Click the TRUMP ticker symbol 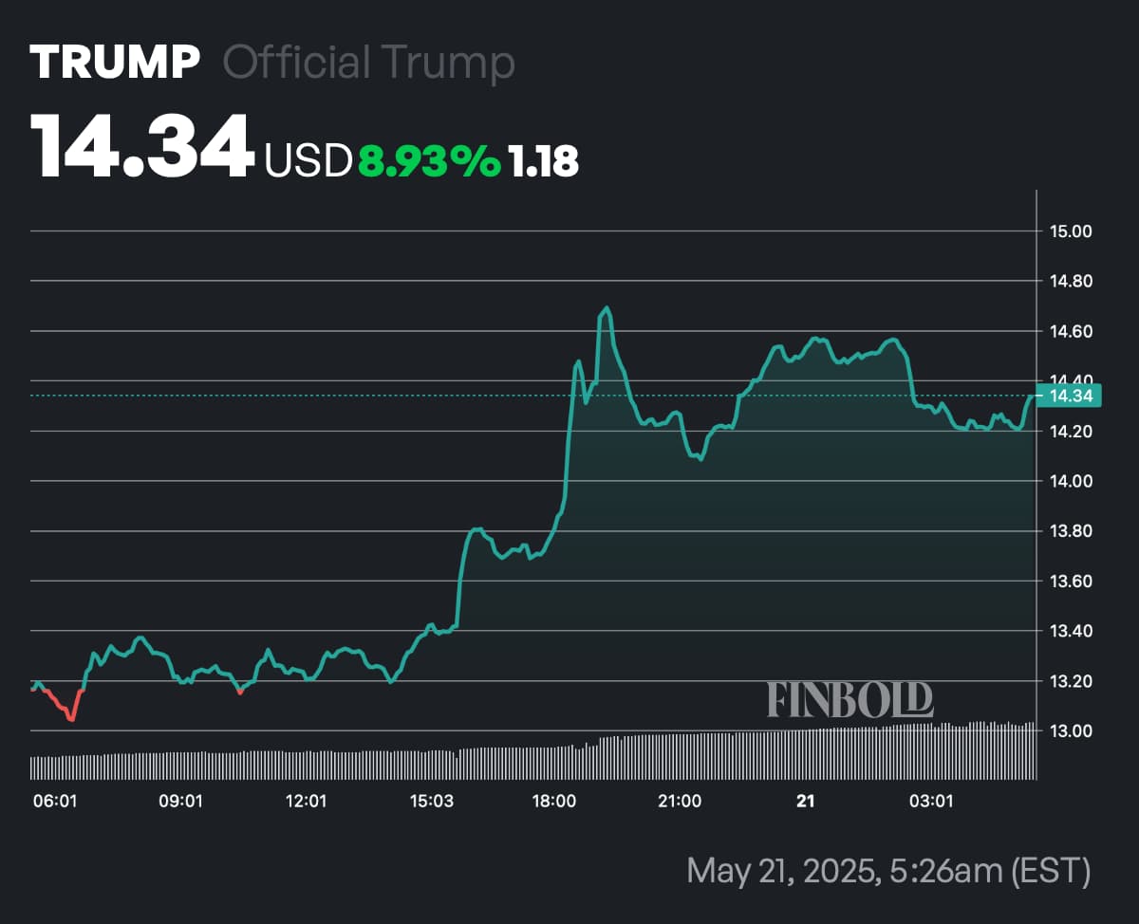tap(115, 63)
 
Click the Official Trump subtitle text tap(368, 63)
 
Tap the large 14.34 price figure tap(142, 147)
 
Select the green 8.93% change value tap(428, 161)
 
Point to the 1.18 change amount tap(544, 161)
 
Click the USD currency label tap(308, 161)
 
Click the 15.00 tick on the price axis tap(1070, 231)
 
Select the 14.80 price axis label tap(1070, 281)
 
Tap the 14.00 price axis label tap(1070, 481)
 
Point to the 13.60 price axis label tap(1070, 581)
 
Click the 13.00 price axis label tap(1070, 730)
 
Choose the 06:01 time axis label tap(54, 802)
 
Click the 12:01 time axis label tap(306, 802)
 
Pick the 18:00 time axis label tap(554, 802)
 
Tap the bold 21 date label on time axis tap(805, 802)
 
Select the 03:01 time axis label tap(930, 802)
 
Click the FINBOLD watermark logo tap(850, 699)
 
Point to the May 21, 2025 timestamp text tap(887, 870)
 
